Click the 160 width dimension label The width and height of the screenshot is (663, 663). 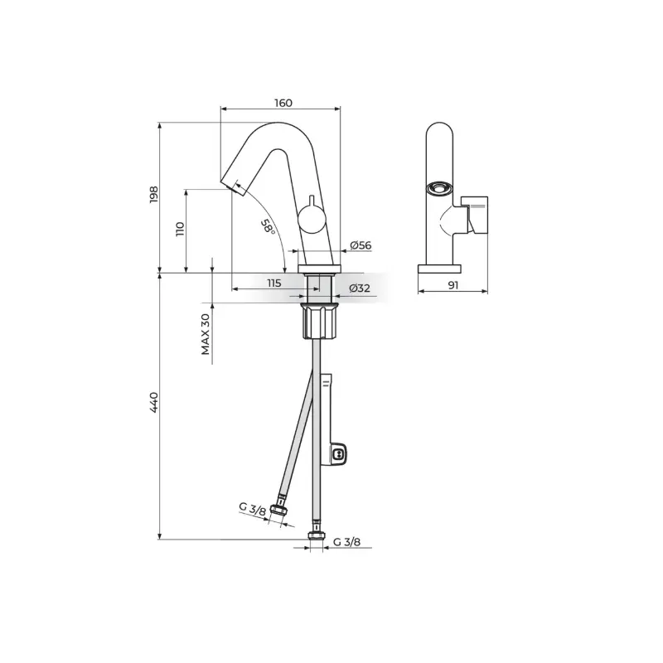tap(283, 103)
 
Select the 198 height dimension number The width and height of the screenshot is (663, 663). tap(153, 195)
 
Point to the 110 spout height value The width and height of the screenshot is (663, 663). tap(181, 229)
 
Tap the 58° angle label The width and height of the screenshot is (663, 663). tap(267, 227)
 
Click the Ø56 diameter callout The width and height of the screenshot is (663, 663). tap(361, 245)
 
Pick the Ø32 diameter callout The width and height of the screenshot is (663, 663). tap(360, 288)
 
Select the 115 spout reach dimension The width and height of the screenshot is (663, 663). tap(274, 283)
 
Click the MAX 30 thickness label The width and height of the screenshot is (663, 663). tap(206, 334)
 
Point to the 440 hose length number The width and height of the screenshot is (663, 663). tap(153, 403)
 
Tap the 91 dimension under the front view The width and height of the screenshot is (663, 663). tap(452, 285)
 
